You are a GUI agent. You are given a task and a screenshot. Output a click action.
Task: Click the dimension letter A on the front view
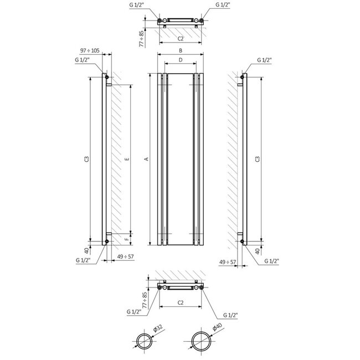146,159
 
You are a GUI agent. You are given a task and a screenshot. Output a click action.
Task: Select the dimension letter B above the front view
181,49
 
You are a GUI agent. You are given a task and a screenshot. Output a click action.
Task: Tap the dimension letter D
181,59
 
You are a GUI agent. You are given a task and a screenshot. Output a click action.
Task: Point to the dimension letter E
127,159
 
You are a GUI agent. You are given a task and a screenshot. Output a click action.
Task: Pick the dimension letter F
127,239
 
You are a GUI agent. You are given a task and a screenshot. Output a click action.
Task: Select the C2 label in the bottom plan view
181,303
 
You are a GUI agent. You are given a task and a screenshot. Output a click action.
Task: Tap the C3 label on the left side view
86,159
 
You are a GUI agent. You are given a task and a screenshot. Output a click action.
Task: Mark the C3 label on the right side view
255,159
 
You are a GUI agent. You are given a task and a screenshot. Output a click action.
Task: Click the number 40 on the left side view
86,251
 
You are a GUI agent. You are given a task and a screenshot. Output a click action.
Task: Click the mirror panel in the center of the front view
181,159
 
